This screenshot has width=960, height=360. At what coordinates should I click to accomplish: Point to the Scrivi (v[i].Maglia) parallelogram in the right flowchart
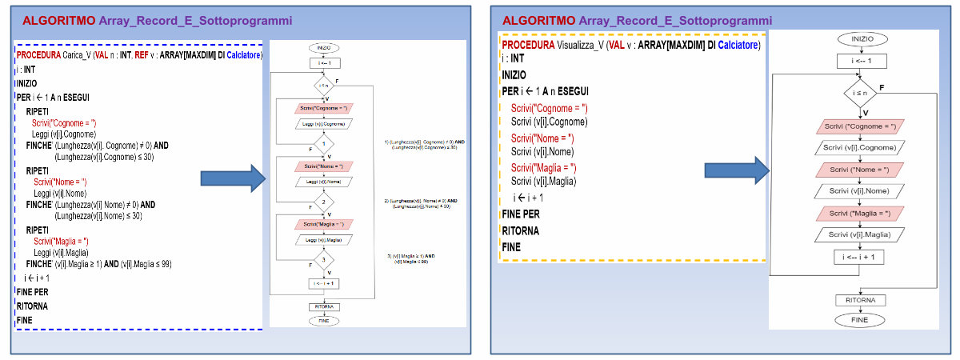860,234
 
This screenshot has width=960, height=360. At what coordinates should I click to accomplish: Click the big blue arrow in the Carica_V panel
232,178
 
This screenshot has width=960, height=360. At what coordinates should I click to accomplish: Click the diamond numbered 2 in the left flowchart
323,203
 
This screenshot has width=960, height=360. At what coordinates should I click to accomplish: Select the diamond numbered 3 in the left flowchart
323,260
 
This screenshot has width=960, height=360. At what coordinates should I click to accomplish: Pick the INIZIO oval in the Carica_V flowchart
323,47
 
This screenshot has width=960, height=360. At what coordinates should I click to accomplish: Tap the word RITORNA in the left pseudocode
32,306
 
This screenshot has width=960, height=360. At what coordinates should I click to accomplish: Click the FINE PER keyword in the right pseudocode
521,214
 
